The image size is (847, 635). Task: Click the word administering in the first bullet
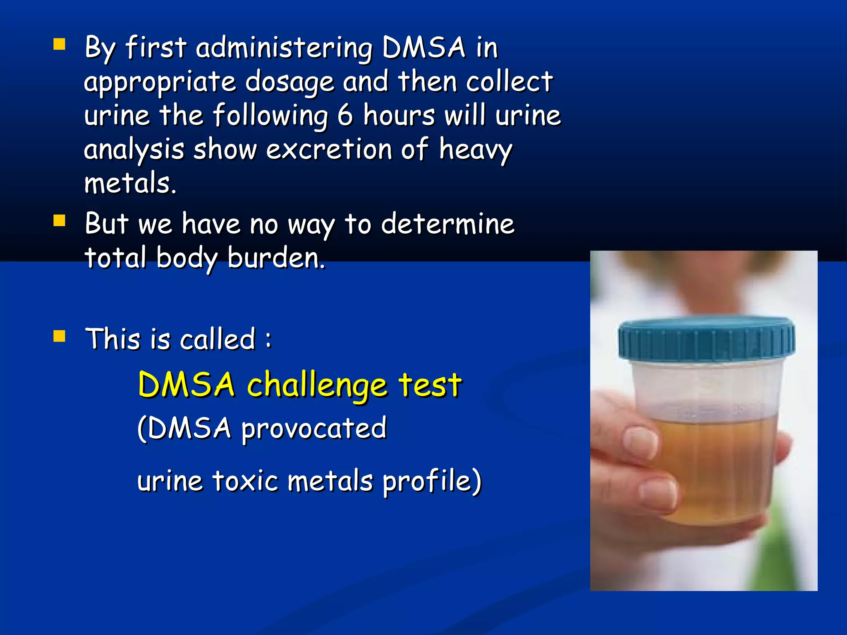pos(284,48)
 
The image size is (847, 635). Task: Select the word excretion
pos(329,149)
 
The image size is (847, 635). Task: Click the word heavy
pos(476,150)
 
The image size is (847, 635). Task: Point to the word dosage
pos(290,82)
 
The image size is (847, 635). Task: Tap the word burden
pos(276,258)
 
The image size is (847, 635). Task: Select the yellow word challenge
pos(317,385)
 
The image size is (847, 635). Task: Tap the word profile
pos(432,482)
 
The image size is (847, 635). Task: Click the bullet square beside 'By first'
pos(60,44)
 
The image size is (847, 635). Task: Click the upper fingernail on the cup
pos(640,441)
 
